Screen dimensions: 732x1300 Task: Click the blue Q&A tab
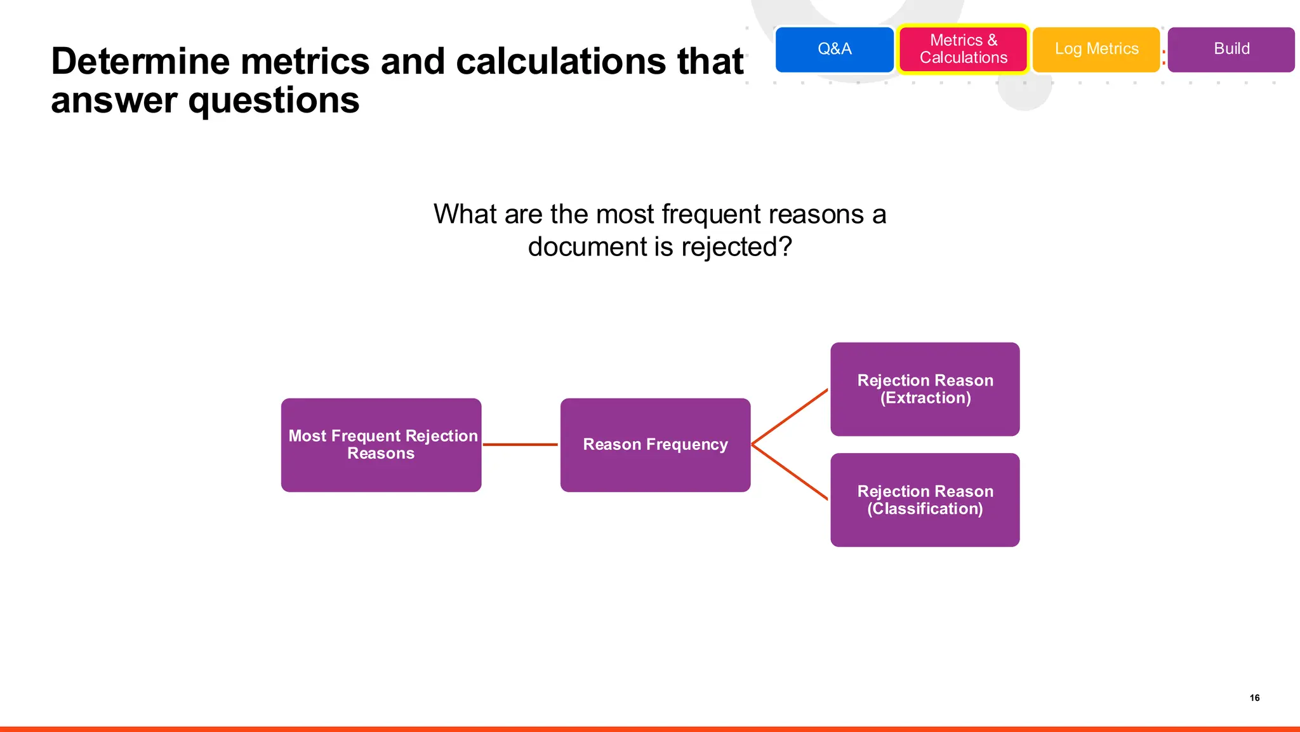coord(834,50)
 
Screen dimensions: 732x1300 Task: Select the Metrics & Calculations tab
coord(963,50)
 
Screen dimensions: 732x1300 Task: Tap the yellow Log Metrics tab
coord(1096,50)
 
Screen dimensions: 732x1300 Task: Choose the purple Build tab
coord(1231,50)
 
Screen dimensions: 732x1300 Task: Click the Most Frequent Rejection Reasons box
coord(381,445)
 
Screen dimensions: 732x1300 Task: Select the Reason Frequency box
coord(655,445)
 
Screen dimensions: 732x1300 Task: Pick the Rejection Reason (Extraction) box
coord(925,389)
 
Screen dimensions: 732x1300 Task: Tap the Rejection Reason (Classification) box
coord(925,500)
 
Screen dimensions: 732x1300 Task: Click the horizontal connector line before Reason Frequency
coord(521,445)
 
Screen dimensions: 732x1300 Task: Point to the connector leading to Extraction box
coord(790,416)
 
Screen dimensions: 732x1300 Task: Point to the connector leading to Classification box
coord(790,472)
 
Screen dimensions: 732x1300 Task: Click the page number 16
coord(1254,698)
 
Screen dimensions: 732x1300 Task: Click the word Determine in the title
coord(140,62)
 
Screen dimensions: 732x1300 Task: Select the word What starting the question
coord(465,215)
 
